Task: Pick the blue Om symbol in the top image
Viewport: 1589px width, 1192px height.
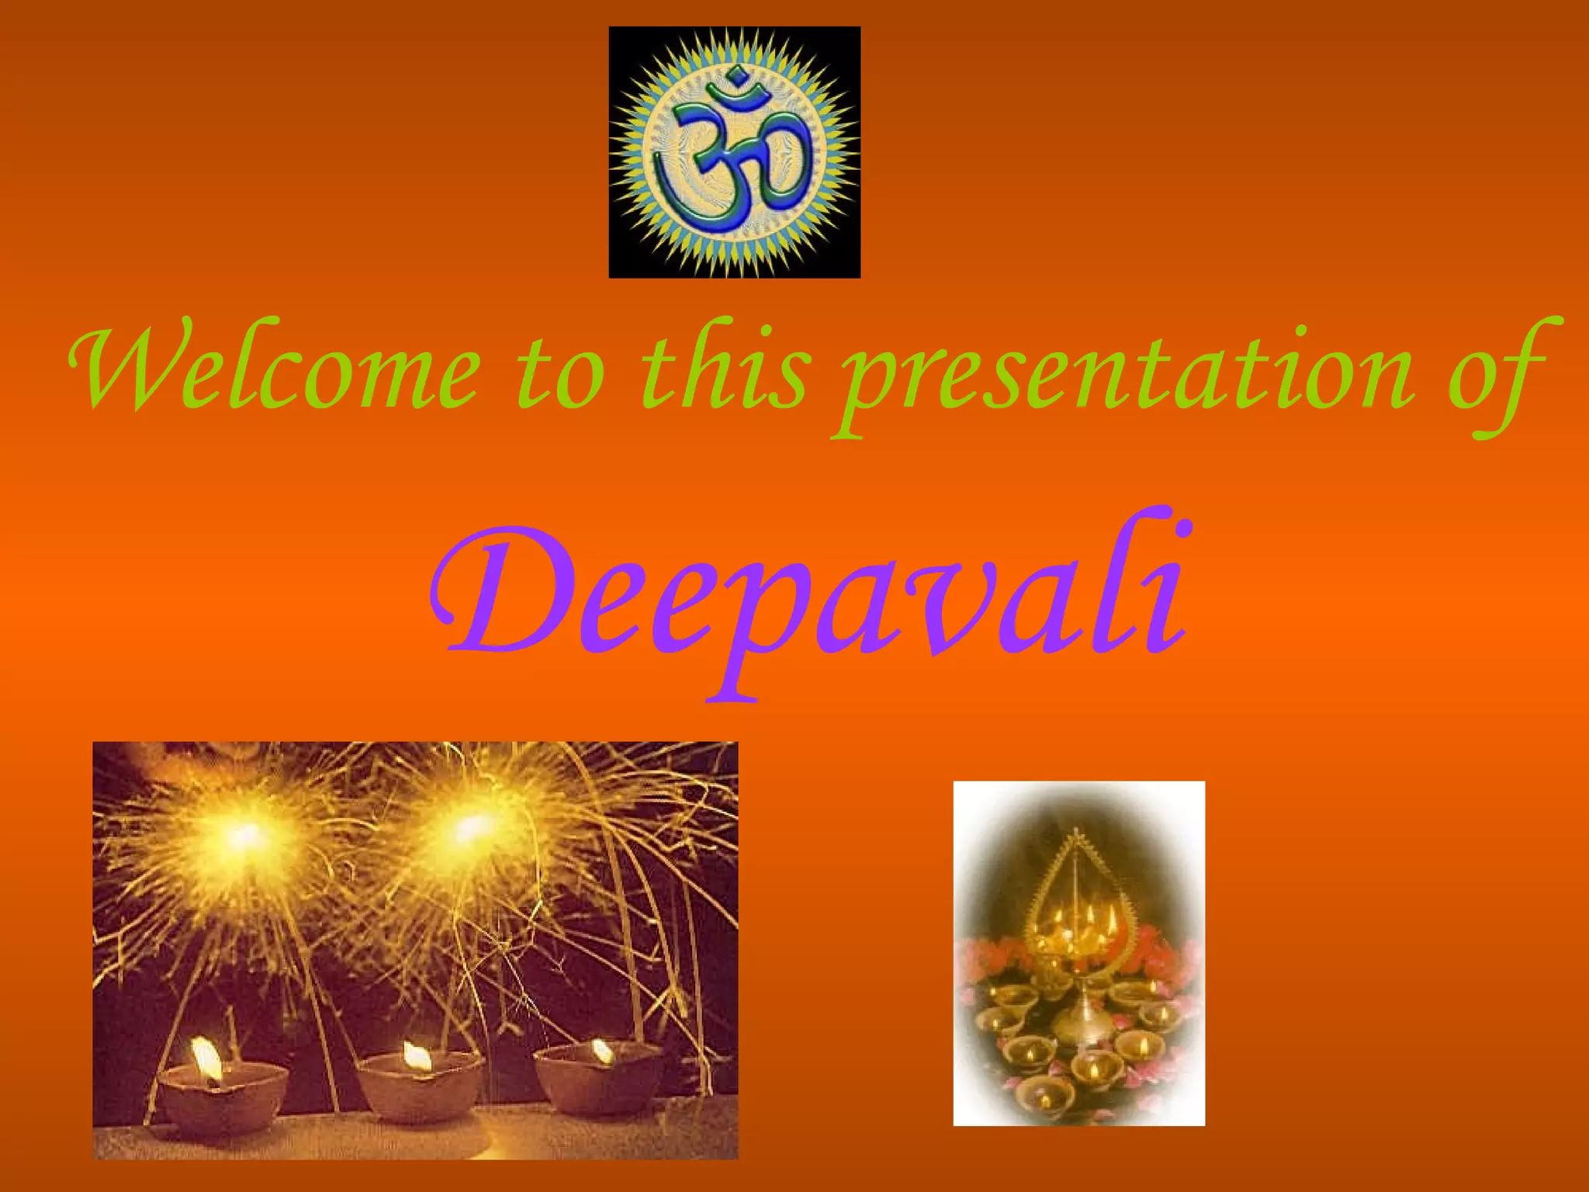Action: tap(734, 151)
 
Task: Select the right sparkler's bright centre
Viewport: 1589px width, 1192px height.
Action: tap(469, 829)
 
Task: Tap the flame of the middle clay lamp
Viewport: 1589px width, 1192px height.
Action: tap(416, 1055)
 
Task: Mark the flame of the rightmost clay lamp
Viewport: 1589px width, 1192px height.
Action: tap(602, 1051)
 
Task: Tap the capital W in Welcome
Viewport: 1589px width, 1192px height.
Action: tap(116, 365)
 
